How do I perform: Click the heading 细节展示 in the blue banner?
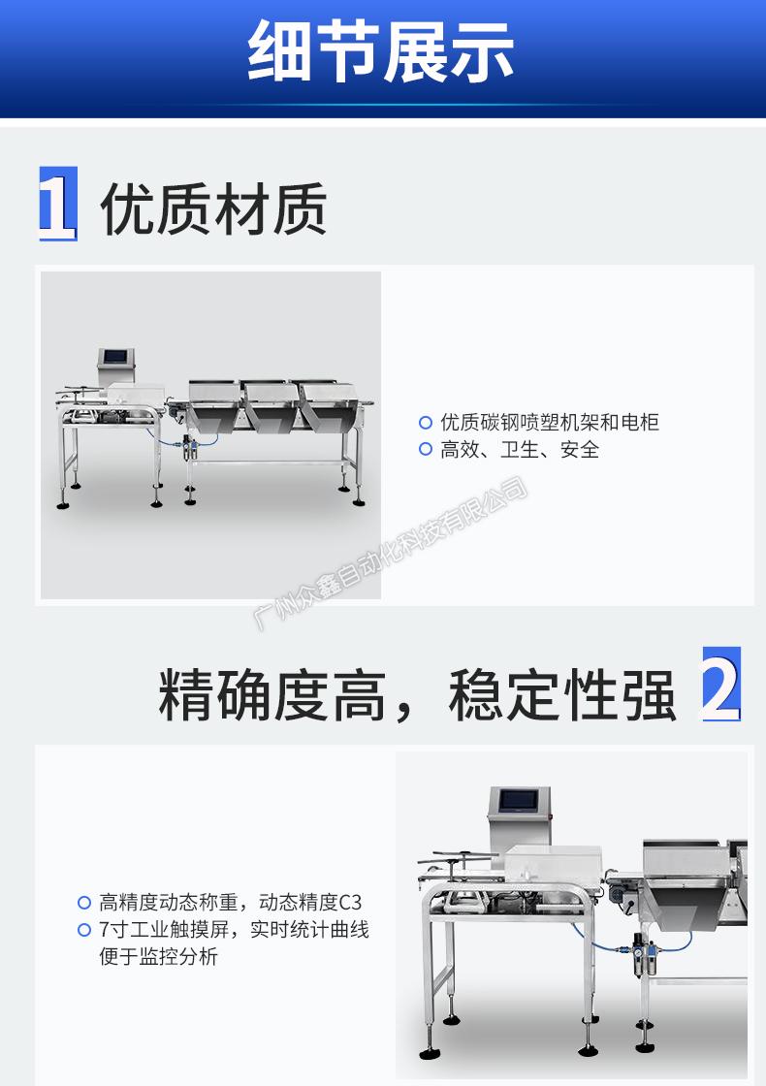381,51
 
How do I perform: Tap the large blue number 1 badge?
57,204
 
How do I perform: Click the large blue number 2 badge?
721,684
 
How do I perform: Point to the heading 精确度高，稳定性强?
417,694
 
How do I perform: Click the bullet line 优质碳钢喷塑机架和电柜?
549,422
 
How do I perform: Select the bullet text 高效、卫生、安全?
520,450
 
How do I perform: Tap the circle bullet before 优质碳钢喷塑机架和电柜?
426,422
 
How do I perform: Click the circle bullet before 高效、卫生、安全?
426,450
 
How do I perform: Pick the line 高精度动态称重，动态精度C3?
230,902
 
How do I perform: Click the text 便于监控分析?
159,956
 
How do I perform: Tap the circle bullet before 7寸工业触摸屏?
83,930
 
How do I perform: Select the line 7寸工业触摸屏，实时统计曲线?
234,930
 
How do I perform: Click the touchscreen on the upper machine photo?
115,358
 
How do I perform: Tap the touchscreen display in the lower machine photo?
518,801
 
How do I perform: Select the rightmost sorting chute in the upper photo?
328,406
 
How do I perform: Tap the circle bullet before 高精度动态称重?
83,903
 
